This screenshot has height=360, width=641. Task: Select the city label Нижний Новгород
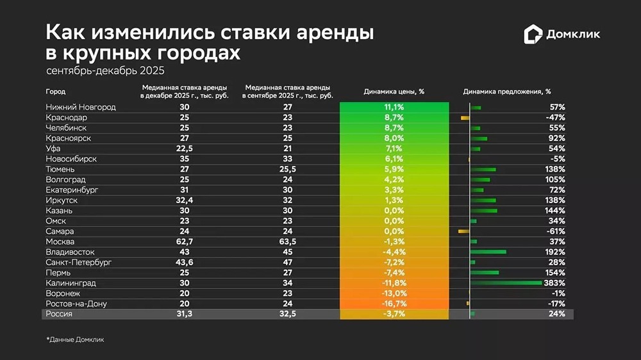point(81,107)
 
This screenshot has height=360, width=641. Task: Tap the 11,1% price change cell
point(394,107)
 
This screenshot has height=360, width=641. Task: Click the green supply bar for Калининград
point(506,282)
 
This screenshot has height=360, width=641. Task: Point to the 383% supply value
point(555,282)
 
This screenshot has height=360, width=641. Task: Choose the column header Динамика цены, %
point(394,92)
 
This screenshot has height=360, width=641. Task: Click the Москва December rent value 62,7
point(184,241)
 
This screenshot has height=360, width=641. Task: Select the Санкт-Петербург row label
point(79,262)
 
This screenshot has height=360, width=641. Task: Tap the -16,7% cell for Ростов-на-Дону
point(394,303)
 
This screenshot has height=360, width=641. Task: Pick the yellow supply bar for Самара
point(464,231)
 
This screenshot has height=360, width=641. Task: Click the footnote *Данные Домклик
point(75,340)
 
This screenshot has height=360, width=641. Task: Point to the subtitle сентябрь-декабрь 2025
point(105,70)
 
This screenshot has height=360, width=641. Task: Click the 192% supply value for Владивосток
point(555,252)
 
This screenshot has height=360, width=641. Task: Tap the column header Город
point(56,92)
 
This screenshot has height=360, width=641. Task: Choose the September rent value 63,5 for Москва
point(288,241)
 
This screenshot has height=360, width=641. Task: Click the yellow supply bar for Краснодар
point(465,118)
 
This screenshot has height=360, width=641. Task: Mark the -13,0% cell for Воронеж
point(394,293)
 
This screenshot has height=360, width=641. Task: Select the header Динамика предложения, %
point(507,92)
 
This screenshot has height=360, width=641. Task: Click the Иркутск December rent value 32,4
point(184,200)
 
